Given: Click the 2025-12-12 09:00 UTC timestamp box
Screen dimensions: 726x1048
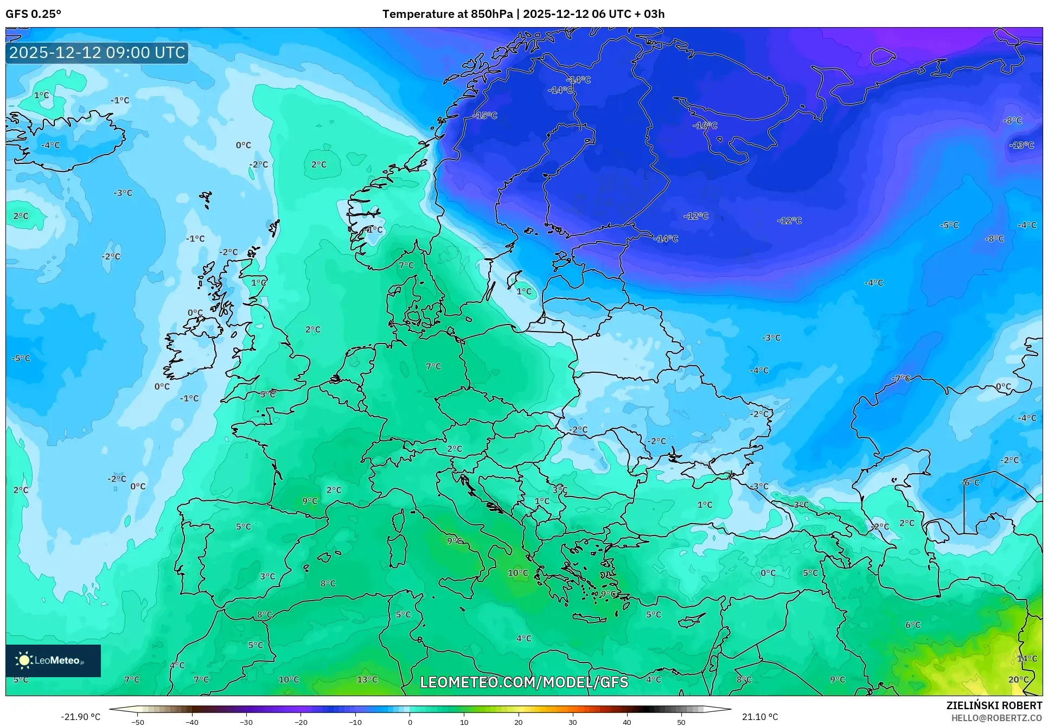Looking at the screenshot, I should [x=97, y=53].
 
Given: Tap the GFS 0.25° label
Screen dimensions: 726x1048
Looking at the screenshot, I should [x=34, y=14].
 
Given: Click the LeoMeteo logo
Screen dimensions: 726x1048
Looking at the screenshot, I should [x=53, y=660].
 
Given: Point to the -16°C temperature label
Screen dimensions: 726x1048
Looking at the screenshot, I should [x=705, y=125].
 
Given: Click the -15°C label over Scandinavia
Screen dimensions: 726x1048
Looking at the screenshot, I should [x=484, y=116].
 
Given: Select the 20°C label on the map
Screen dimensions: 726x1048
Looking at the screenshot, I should [x=1018, y=679].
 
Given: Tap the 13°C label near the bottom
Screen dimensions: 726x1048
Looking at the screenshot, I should [x=367, y=679].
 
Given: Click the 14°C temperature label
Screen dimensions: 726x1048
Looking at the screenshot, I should [x=1027, y=658].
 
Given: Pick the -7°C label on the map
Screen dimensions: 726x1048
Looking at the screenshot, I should [x=902, y=378].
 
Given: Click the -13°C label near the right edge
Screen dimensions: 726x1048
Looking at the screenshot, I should [x=1021, y=145].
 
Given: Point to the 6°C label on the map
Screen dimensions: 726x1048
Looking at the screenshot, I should [x=913, y=625].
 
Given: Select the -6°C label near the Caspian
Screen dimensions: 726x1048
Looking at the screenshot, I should [x=970, y=482].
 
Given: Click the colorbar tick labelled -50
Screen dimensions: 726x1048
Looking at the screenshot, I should [x=138, y=722].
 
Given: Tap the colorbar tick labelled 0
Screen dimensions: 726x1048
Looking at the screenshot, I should [x=410, y=722].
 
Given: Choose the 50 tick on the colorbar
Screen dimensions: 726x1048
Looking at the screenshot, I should [x=681, y=722].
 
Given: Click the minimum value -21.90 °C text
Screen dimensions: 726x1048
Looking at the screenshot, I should [x=80, y=717].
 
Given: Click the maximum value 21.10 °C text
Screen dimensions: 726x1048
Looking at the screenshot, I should [x=760, y=717].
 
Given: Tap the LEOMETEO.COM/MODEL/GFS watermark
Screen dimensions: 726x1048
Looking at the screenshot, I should [x=524, y=682].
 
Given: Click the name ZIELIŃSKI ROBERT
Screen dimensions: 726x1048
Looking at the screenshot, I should [x=994, y=705].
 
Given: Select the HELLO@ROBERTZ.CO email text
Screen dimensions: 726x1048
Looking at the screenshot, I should [x=996, y=718].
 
